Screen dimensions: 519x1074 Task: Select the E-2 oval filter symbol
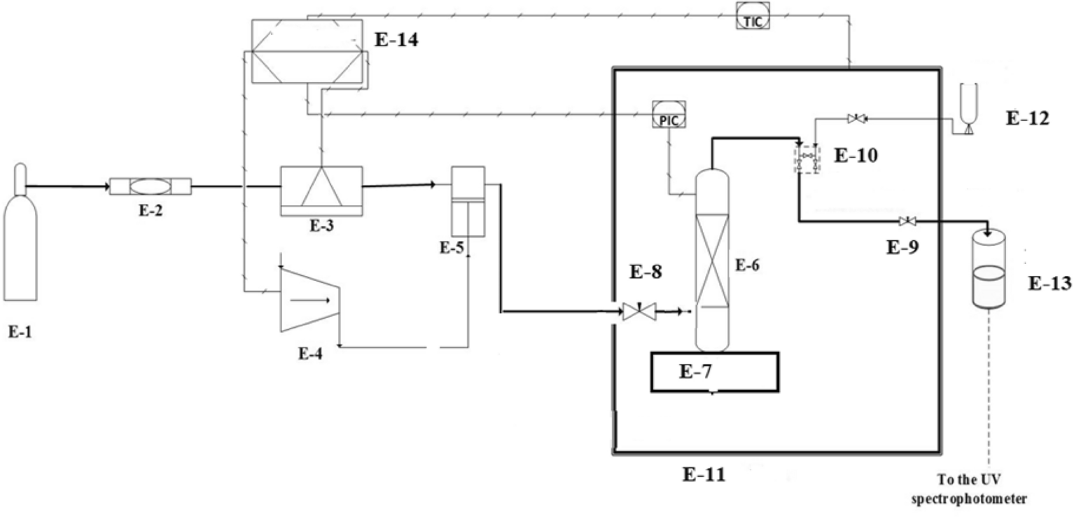(151, 187)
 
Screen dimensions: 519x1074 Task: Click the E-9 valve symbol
(908, 222)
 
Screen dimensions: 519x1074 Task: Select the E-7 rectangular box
(713, 371)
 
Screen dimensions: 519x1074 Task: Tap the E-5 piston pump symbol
(468, 201)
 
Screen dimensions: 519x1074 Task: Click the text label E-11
(704, 475)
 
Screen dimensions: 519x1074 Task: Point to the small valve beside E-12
(856, 120)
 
